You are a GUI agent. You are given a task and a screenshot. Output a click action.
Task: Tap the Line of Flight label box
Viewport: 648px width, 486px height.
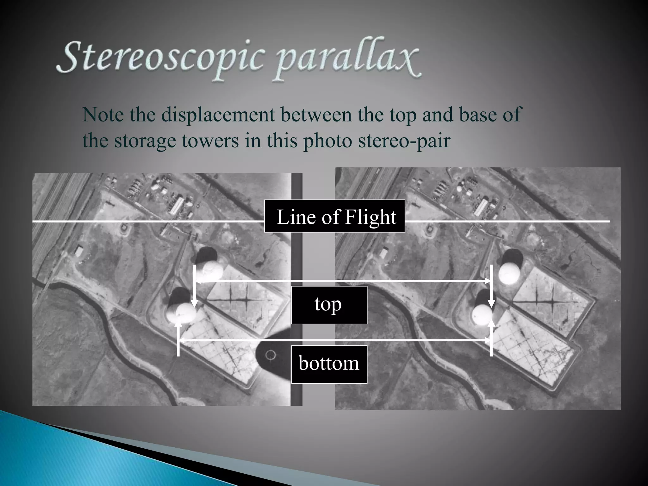(335, 216)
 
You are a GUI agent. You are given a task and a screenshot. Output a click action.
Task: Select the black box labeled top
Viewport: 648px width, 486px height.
(329, 305)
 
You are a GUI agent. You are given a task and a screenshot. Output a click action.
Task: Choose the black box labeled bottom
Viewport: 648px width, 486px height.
(329, 364)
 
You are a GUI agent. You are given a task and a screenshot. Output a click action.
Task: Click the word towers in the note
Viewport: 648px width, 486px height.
(210, 141)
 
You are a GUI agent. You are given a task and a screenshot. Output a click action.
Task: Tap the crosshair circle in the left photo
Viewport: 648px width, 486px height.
(270, 355)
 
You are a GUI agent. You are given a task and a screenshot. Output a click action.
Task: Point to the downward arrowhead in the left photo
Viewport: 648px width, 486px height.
(194, 303)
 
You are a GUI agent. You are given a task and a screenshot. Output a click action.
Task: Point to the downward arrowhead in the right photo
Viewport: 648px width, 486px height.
(491, 303)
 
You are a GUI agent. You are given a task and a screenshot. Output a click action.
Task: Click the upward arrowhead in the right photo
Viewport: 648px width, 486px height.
(491, 323)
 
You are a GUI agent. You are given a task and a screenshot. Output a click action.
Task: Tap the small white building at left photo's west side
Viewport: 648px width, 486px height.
(78, 251)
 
